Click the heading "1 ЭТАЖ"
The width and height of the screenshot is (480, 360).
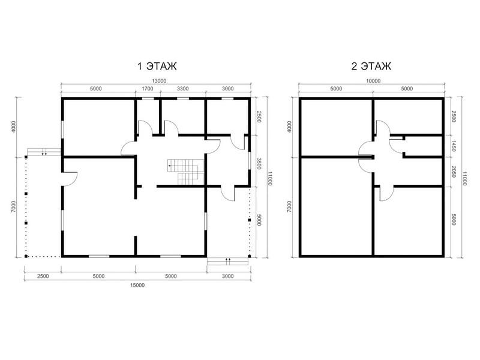tap(157, 66)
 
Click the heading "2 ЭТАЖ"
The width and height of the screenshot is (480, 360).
tap(371, 66)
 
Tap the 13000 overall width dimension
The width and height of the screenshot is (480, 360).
tap(159, 81)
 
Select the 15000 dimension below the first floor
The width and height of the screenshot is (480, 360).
tap(137, 286)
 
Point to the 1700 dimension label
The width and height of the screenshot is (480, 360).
tap(147, 89)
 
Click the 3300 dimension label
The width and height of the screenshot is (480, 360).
tap(183, 89)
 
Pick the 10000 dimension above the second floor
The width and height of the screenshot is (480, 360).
tap(373, 81)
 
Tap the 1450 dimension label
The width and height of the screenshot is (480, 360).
tap(454, 146)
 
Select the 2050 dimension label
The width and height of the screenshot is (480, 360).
tap(454, 172)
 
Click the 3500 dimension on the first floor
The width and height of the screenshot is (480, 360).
tap(259, 164)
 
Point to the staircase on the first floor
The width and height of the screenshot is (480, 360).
tap(185, 172)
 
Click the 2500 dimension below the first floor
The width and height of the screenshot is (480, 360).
tap(43, 276)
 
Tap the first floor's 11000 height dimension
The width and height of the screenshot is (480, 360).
tap(269, 178)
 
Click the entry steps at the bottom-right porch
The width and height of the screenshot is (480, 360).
tap(227, 262)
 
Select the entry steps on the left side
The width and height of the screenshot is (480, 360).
tap(44, 152)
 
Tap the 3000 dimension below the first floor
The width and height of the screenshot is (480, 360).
tap(228, 276)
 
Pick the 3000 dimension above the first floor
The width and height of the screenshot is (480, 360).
tap(228, 89)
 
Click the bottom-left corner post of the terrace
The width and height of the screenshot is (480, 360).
tap(26, 256)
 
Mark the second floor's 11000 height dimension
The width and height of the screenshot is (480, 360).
tap(464, 178)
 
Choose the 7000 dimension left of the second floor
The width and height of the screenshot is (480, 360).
tap(290, 207)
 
